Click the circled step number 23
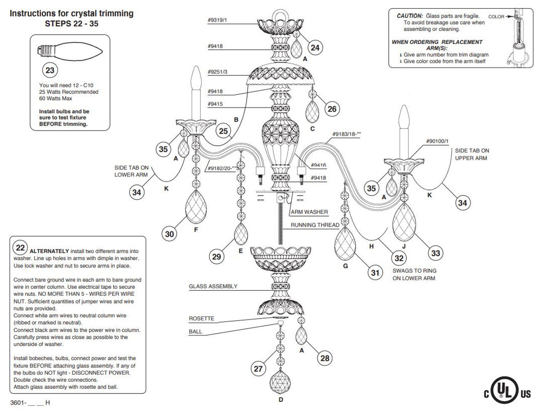(50, 70)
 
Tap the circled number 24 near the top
(315, 48)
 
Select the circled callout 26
(332, 109)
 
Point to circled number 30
(170, 234)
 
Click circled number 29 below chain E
(216, 256)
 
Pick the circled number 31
(375, 273)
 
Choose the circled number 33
(435, 253)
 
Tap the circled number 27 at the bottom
(258, 369)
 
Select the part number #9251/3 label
(217, 72)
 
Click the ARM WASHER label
(309, 212)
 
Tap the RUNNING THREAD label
(315, 225)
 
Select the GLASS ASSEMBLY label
(213, 286)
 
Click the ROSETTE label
(201, 319)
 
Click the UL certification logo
(507, 394)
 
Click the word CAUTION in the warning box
(410, 16)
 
